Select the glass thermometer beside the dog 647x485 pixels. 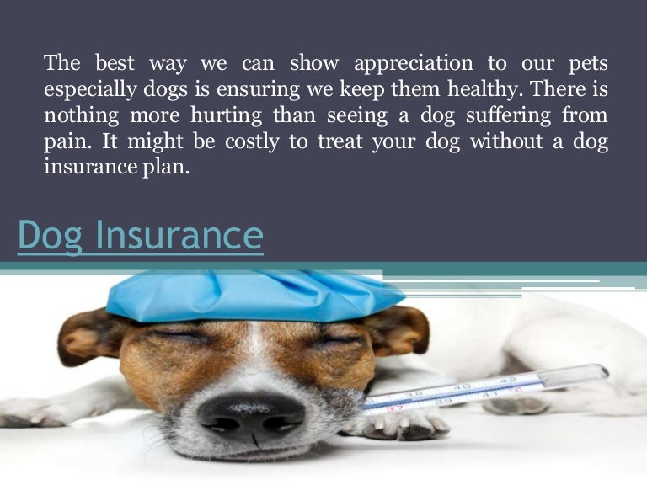click(x=489, y=388)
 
